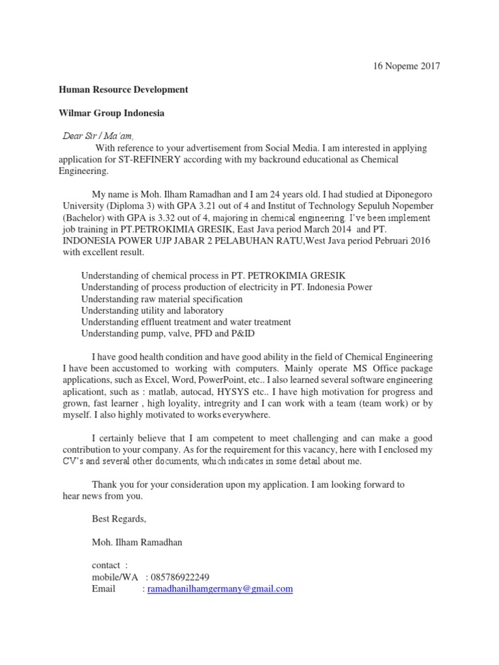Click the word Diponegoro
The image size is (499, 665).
click(406, 194)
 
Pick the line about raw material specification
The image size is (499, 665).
click(162, 299)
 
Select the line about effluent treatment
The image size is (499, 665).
click(186, 322)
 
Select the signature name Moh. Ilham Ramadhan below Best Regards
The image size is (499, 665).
click(137, 542)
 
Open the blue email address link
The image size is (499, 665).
click(220, 589)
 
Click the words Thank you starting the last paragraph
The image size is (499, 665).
click(112, 484)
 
